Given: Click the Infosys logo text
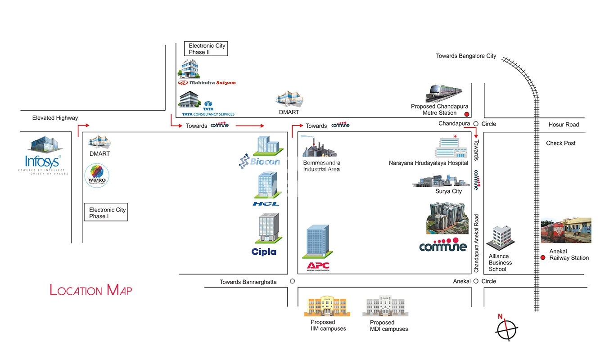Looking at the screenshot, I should point(43,162).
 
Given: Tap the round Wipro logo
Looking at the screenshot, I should point(97,176).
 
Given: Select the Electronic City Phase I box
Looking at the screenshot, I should point(106,213).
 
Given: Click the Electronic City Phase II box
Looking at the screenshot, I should point(207,49).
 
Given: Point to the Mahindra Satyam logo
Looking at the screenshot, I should point(207,83).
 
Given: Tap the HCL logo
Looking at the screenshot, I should point(266,204).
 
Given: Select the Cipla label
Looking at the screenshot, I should point(264,252).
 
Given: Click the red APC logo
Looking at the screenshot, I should point(318,265).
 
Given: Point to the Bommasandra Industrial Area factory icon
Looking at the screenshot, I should point(319,147).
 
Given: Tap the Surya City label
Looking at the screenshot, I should point(448,191).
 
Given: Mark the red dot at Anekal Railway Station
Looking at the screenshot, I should point(543,257).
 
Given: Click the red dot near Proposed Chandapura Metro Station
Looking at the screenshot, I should point(467,114).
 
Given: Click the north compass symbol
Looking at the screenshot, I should point(507,329).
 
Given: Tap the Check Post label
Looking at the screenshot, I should point(560,143).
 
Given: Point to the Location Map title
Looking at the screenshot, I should point(91,290).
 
